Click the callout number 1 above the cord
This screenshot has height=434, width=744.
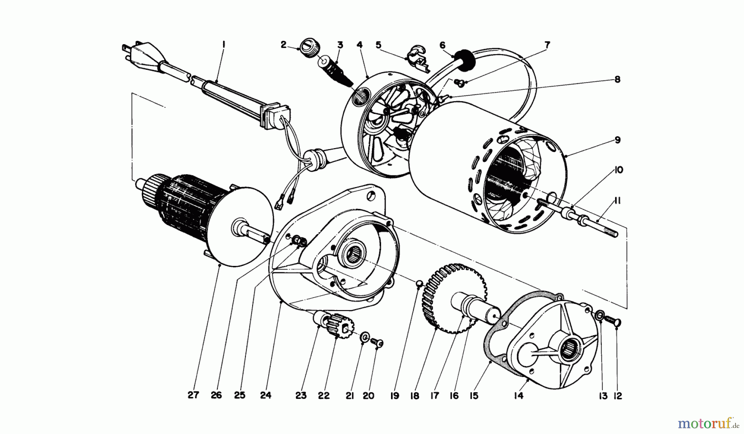[x=223, y=44]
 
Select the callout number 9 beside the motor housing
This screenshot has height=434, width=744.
[x=618, y=140]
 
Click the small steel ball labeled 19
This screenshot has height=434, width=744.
[x=419, y=283]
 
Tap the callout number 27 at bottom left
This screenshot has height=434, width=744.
[x=193, y=395]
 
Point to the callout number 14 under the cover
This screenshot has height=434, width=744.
[x=519, y=396]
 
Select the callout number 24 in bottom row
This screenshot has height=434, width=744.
[x=266, y=395]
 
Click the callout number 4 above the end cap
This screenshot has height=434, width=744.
[x=360, y=44]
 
